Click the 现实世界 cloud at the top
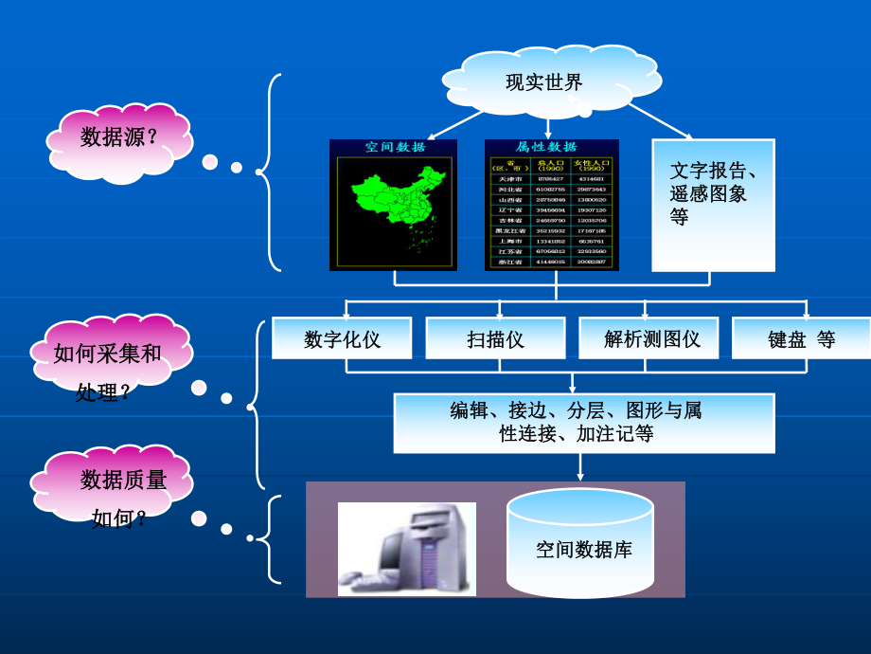click(543, 82)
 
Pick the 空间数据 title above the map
click(395, 147)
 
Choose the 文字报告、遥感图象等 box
click(712, 194)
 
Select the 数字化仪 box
click(342, 338)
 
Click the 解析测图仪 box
click(649, 338)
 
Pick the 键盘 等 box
click(801, 338)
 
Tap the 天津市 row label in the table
click(507, 177)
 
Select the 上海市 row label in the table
click(507, 241)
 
